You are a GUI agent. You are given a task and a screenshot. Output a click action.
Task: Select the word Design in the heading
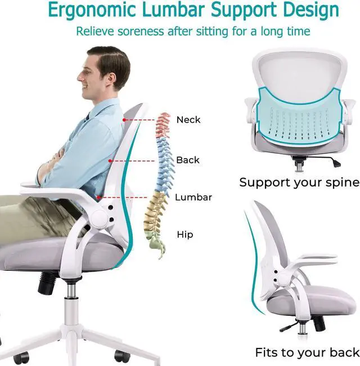click(x=310, y=11)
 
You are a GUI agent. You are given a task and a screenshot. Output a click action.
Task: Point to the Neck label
click(x=188, y=119)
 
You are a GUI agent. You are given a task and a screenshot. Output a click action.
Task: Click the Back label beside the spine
click(x=188, y=160)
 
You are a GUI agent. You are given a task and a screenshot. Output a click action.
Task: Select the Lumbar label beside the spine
click(x=193, y=197)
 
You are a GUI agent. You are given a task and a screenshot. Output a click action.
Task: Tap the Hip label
click(x=185, y=234)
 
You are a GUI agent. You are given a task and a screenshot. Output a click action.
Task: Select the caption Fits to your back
click(x=307, y=352)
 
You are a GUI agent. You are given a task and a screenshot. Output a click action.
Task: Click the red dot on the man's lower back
click(x=99, y=198)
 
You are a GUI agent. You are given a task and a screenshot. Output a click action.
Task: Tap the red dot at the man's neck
click(x=124, y=119)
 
